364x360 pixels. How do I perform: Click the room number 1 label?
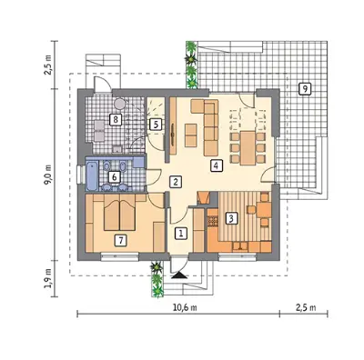point(181,234)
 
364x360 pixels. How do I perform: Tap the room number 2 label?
point(176,182)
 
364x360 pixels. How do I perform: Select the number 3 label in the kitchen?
point(231,218)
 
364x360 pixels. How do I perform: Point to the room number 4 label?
point(216,165)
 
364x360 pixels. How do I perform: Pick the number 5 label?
point(156,125)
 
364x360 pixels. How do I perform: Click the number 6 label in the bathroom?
point(115,177)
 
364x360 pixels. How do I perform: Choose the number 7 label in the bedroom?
point(121,241)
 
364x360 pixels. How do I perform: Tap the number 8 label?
point(116,119)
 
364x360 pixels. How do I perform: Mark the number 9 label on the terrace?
point(305,88)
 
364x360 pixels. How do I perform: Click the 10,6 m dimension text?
point(185,307)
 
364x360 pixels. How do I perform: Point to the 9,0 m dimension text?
point(49,175)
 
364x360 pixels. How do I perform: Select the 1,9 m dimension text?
point(49,277)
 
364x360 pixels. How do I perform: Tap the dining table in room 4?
point(248,148)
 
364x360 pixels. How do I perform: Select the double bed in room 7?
point(119,213)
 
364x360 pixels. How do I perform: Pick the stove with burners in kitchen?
point(213,221)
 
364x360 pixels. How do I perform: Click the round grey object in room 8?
point(119,104)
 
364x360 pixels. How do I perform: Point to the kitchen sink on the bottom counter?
point(240,247)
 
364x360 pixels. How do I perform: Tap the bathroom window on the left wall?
point(80,174)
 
